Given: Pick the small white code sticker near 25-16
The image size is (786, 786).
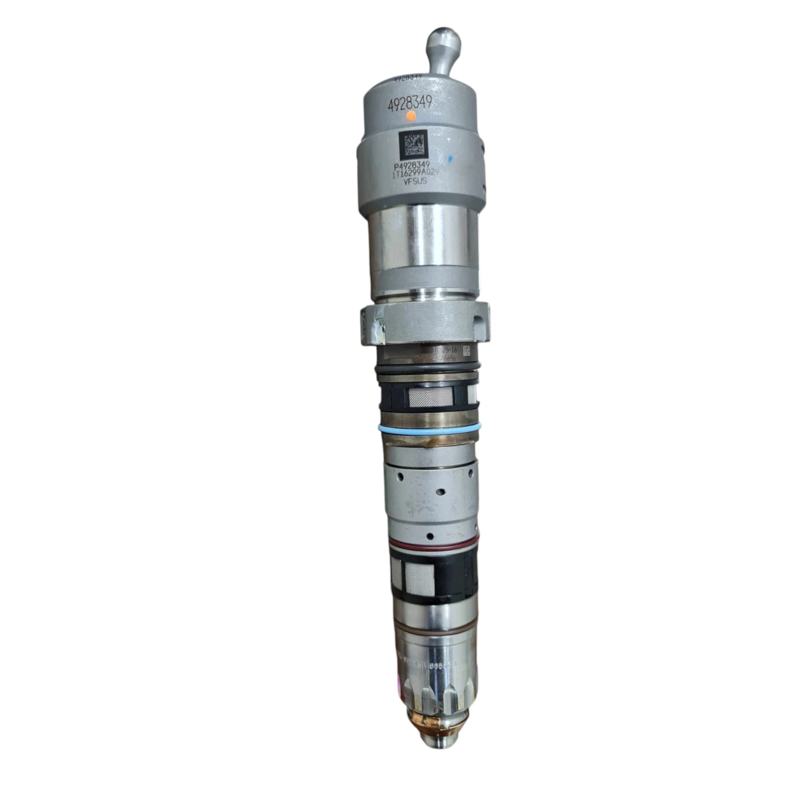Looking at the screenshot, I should pos(467,350).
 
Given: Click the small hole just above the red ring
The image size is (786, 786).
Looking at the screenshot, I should pos(429,534).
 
